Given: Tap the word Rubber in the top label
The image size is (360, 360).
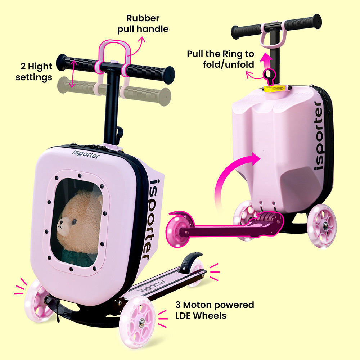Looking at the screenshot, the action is click(x=143, y=18).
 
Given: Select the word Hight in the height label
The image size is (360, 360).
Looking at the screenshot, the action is click(x=40, y=67).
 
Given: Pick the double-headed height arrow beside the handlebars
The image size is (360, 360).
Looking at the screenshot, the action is click(x=73, y=74).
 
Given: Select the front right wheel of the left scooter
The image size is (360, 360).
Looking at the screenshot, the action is click(x=137, y=322).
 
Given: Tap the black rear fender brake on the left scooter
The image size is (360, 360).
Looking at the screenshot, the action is click(x=190, y=262).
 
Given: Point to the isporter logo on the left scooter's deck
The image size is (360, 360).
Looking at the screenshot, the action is click(x=152, y=286).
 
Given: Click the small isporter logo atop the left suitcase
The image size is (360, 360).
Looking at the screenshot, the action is click(x=86, y=154).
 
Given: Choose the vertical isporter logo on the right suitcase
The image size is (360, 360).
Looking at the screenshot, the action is click(x=319, y=135).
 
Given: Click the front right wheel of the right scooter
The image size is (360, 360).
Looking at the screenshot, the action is click(x=322, y=226).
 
